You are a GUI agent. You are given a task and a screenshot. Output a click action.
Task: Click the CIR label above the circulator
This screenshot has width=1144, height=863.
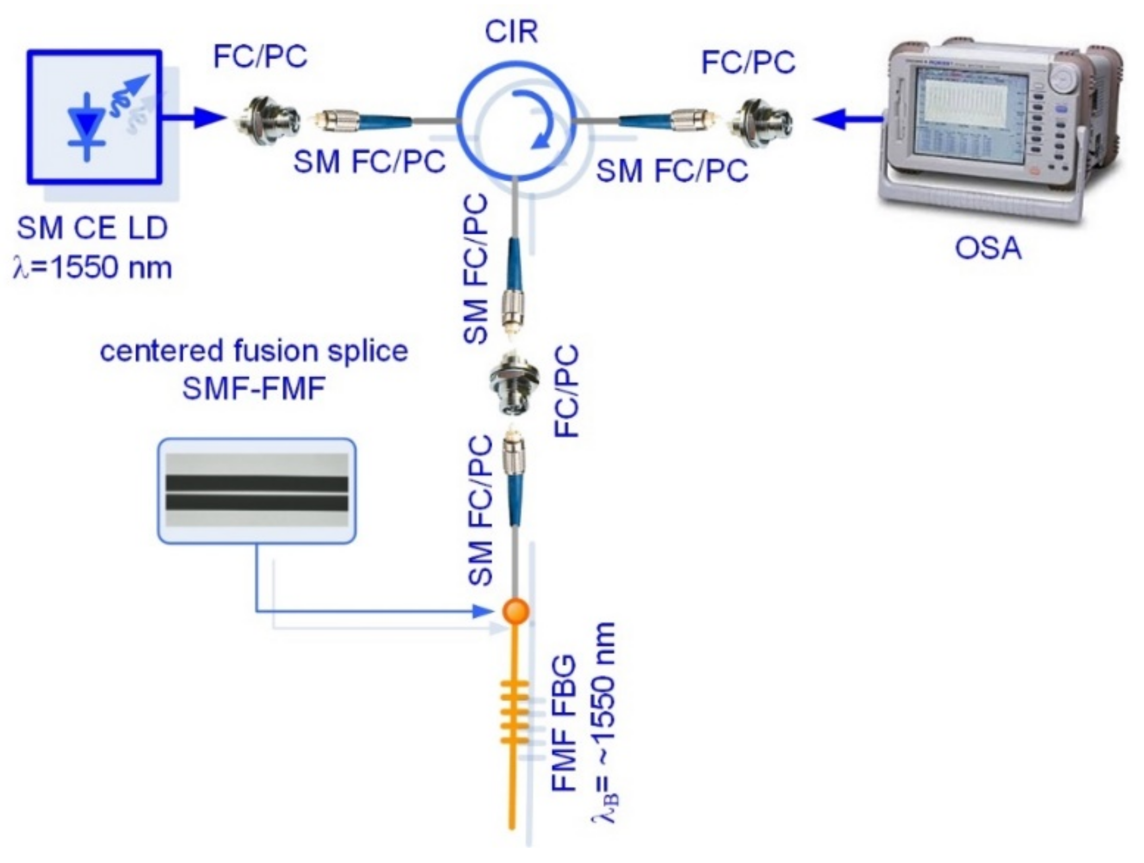511,32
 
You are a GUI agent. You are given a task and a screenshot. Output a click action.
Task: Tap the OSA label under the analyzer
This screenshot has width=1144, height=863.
988,249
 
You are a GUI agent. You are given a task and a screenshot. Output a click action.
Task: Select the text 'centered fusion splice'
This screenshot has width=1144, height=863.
254,351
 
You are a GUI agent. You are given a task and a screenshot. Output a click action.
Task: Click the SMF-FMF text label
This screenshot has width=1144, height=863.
254,389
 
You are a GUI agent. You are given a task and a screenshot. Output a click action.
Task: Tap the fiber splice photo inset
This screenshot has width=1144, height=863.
256,490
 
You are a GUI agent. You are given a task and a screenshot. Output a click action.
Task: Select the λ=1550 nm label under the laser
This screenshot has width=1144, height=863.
92,268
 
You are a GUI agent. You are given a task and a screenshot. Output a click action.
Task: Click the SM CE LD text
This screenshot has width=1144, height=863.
92,228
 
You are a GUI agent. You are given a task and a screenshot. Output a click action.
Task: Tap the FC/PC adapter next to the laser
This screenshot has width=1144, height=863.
266,118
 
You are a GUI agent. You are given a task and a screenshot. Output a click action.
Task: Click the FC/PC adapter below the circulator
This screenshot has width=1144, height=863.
513,383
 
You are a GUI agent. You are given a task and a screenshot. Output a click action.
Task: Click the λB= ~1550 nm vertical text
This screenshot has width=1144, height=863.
604,723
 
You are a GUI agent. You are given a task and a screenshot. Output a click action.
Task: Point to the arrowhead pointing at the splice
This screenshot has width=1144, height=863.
483,612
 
